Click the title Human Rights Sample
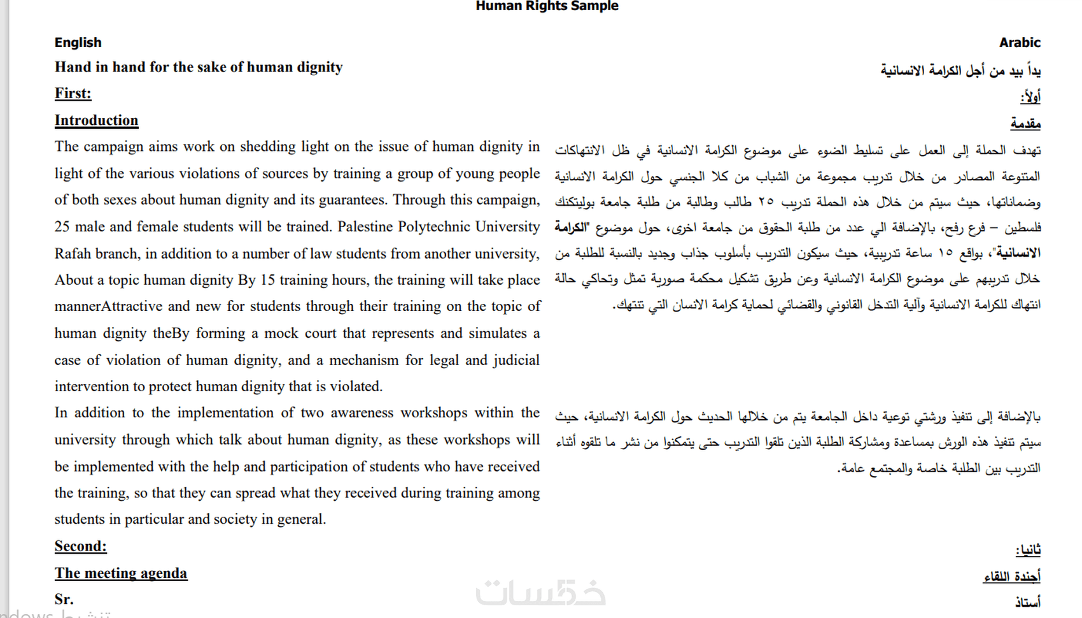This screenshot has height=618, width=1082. [x=547, y=6]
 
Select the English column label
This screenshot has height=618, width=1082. [x=78, y=43]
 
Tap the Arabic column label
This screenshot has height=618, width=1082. [x=1019, y=43]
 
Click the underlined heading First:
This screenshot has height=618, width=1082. [x=73, y=94]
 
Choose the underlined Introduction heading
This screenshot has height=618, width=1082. [x=96, y=120]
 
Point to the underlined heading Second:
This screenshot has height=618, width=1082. [x=80, y=546]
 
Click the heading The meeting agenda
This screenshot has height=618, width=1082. [x=121, y=573]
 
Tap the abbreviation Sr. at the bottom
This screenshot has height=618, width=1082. [x=64, y=600]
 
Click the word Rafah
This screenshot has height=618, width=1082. [x=73, y=254]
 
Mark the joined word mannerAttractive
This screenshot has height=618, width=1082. [x=108, y=306]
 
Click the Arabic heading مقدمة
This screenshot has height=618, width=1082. [x=1025, y=124]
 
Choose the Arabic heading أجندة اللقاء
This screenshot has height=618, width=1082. [x=1011, y=577]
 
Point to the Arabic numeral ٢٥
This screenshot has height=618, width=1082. [x=766, y=203]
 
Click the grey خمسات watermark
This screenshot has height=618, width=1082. [x=540, y=593]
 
